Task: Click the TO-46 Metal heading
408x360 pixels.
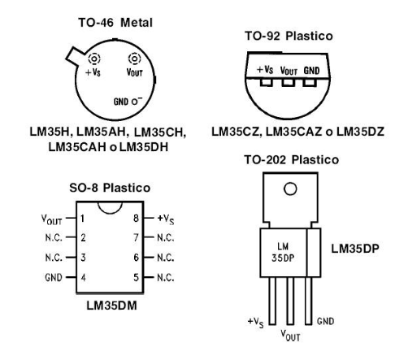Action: point(115,23)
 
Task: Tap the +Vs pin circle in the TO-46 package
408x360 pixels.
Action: point(94,59)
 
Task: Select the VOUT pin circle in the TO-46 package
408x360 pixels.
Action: point(135,59)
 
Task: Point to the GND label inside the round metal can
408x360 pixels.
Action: point(121,102)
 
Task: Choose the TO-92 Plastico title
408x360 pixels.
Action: point(289,36)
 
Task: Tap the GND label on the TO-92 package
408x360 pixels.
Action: point(311,71)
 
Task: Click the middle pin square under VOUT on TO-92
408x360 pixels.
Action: point(289,82)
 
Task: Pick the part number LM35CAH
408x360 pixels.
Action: point(77,147)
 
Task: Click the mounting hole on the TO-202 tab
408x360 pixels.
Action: point(290,189)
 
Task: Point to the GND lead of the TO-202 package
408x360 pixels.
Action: point(308,301)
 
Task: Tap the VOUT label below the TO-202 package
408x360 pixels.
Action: point(290,335)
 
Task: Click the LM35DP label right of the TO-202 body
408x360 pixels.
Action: point(355,249)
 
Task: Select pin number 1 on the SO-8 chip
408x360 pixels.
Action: point(82,219)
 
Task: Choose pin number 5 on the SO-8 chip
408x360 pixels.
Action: point(136,277)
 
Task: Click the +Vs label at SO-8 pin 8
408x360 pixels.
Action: point(166,219)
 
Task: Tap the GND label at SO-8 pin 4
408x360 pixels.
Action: point(54,277)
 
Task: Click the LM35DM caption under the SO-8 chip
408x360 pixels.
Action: point(111,306)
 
